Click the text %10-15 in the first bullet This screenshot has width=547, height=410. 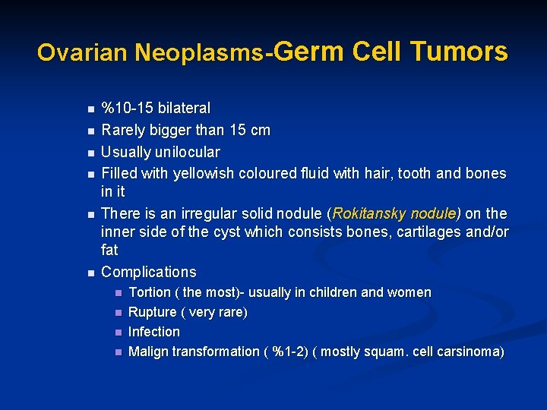(x=127, y=109)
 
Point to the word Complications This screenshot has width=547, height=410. (x=148, y=272)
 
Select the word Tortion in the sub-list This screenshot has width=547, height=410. (x=150, y=292)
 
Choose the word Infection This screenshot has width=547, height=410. (x=154, y=332)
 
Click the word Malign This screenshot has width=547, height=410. (x=148, y=352)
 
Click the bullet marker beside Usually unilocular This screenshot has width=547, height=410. (x=90, y=153)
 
